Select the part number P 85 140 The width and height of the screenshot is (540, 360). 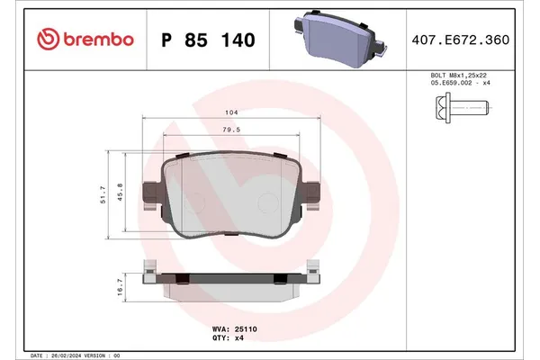click(208, 40)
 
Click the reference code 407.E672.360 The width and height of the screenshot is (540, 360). click(472, 40)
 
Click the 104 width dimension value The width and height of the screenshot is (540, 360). click(232, 114)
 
